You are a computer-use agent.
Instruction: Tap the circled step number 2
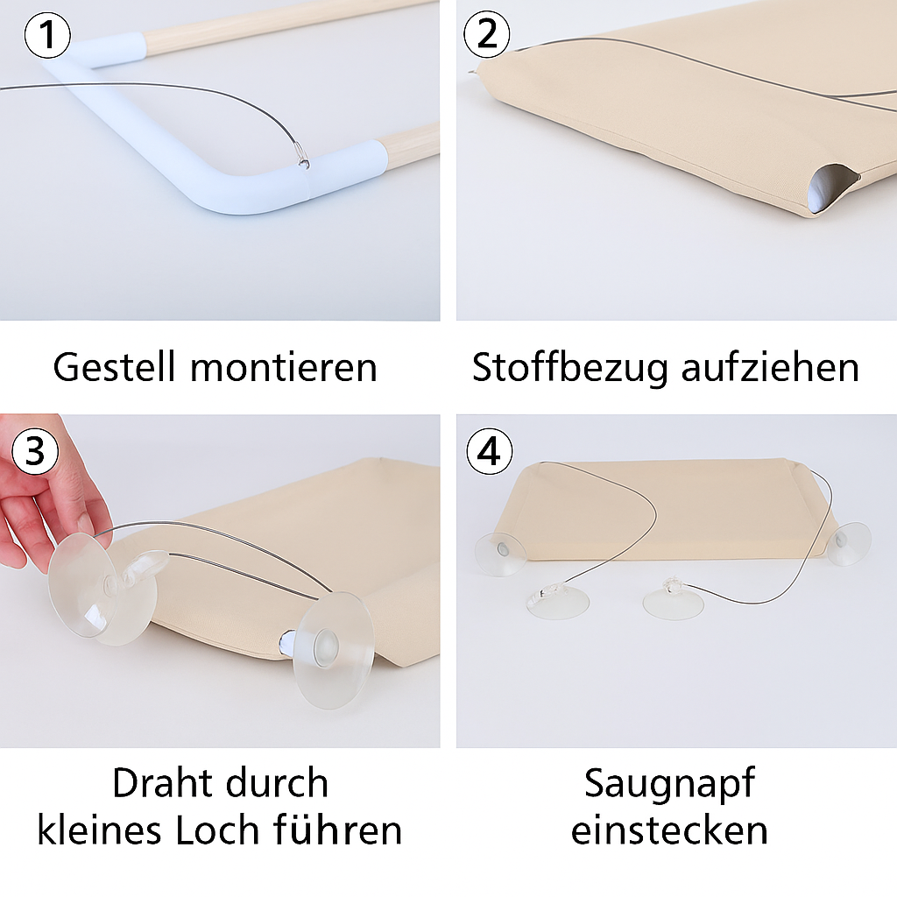pyautogui.click(x=487, y=35)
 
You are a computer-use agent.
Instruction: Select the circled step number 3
pyautogui.click(x=35, y=451)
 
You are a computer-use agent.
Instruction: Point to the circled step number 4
pyautogui.click(x=489, y=451)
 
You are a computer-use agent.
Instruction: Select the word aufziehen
pyautogui.click(x=770, y=367)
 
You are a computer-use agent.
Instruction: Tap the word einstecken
pyautogui.click(x=669, y=829)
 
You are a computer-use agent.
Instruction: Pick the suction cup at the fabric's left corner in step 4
pyautogui.click(x=500, y=552)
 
